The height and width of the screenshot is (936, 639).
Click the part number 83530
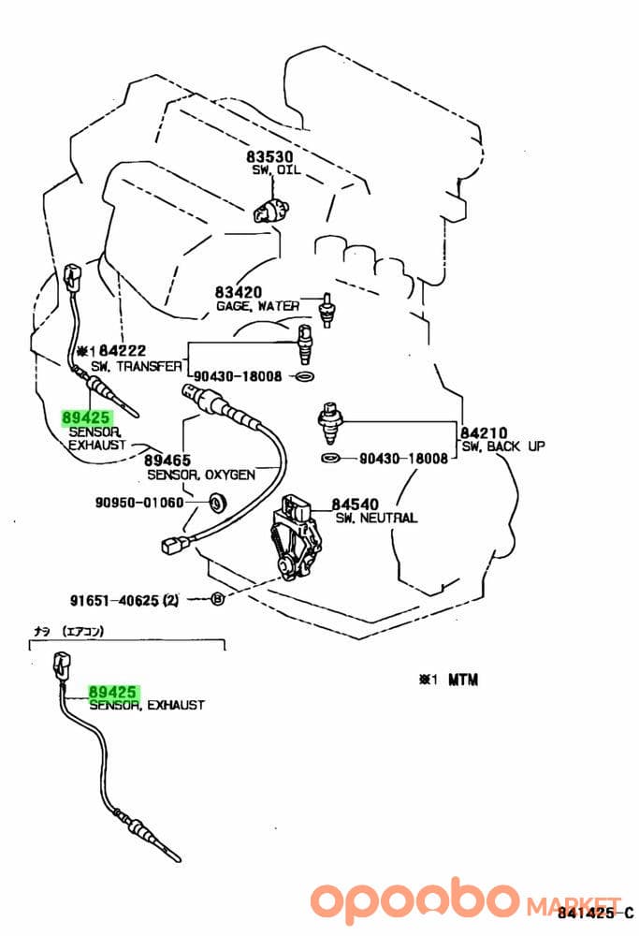coord(269,156)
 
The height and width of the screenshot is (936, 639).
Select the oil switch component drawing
coord(271,211)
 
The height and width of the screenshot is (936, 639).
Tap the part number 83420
coord(239,292)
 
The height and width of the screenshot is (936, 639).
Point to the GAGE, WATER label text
coord(257,306)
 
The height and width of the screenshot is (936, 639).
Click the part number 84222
coord(123,350)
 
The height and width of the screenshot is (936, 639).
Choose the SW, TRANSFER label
coord(137,366)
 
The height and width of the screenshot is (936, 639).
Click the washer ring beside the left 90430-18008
coord(304,376)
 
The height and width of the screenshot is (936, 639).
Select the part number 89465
coord(167,461)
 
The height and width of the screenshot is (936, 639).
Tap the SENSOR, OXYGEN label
coord(201,475)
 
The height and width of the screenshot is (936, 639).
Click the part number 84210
coord(484,432)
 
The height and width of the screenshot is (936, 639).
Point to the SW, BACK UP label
coord(503,446)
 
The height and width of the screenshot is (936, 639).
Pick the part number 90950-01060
coord(139,502)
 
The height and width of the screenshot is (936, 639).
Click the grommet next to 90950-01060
coord(217,502)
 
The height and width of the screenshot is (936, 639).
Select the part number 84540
coord(356,505)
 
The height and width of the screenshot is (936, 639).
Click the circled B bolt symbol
coord(218,598)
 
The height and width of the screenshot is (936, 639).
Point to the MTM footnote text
coord(463,680)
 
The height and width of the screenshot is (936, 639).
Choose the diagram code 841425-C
coord(596,912)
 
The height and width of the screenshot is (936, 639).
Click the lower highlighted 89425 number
coord(113,692)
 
